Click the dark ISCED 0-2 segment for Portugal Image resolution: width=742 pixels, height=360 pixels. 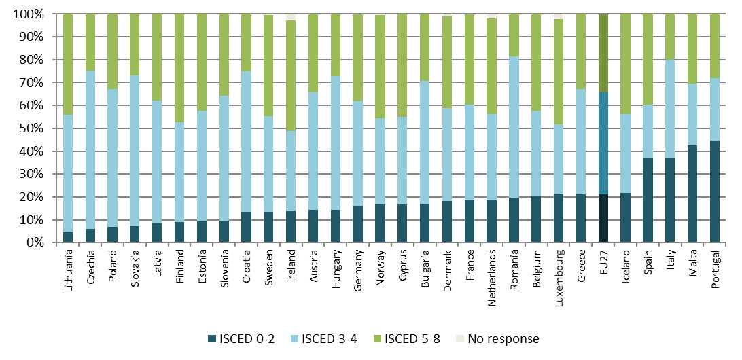pyautogui.click(x=714, y=192)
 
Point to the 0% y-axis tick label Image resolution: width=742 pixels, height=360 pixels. pyautogui.click(x=34, y=242)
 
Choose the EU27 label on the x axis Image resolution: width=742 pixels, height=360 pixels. pyautogui.click(x=603, y=262)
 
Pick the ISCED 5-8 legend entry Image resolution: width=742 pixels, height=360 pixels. pyautogui.click(x=414, y=339)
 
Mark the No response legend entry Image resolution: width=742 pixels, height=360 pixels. pyautogui.click(x=505, y=339)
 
